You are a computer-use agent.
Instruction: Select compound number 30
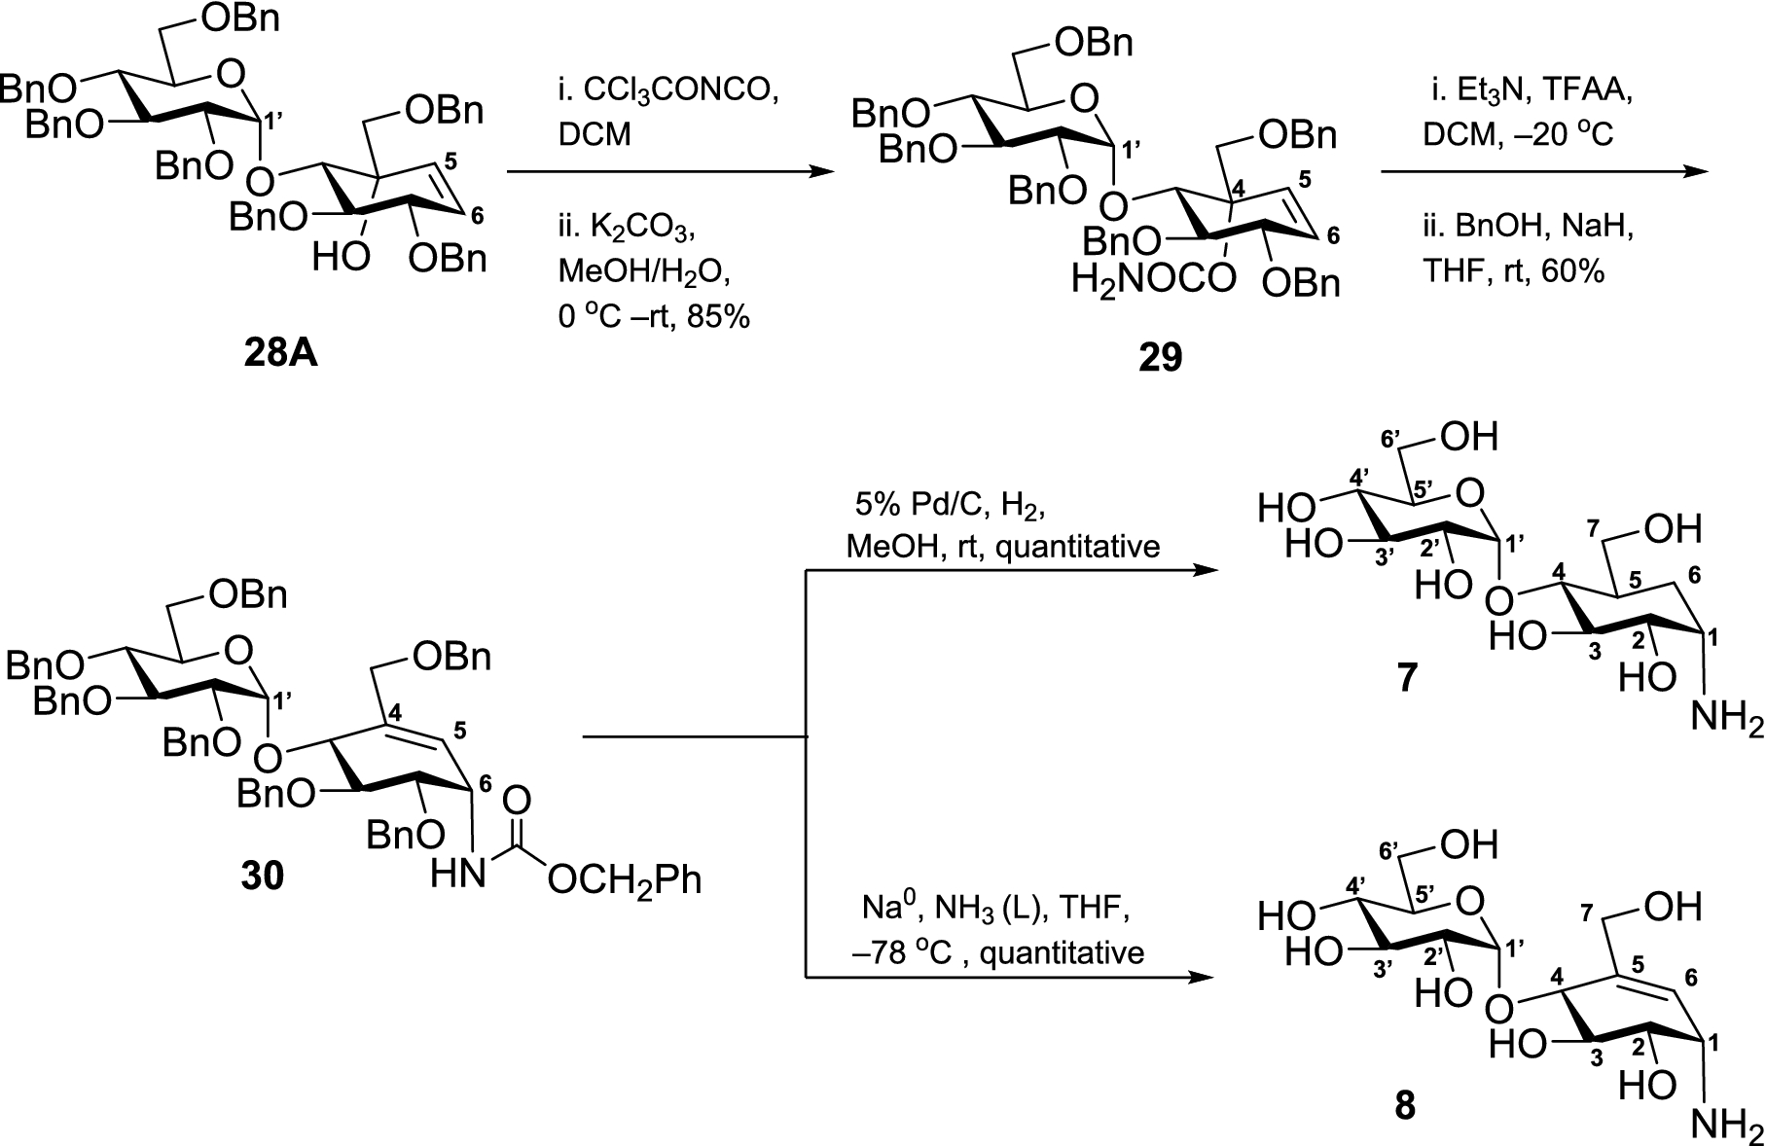point(263,876)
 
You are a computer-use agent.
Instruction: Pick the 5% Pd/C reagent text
point(908,506)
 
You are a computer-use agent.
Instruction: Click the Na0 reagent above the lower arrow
point(888,909)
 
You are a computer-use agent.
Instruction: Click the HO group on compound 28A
point(341,258)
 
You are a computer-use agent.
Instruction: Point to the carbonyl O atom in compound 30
point(518,800)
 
